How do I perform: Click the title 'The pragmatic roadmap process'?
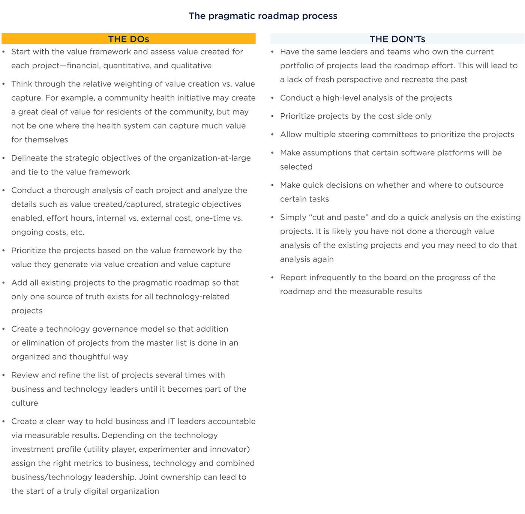(x=262, y=16)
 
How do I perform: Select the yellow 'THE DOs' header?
(x=128, y=39)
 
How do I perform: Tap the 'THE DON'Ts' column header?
(x=397, y=39)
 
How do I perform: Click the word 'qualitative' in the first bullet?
(x=191, y=66)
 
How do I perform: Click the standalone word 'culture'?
(x=25, y=403)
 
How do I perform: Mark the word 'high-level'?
(x=342, y=98)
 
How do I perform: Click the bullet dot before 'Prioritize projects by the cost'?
(x=273, y=117)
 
